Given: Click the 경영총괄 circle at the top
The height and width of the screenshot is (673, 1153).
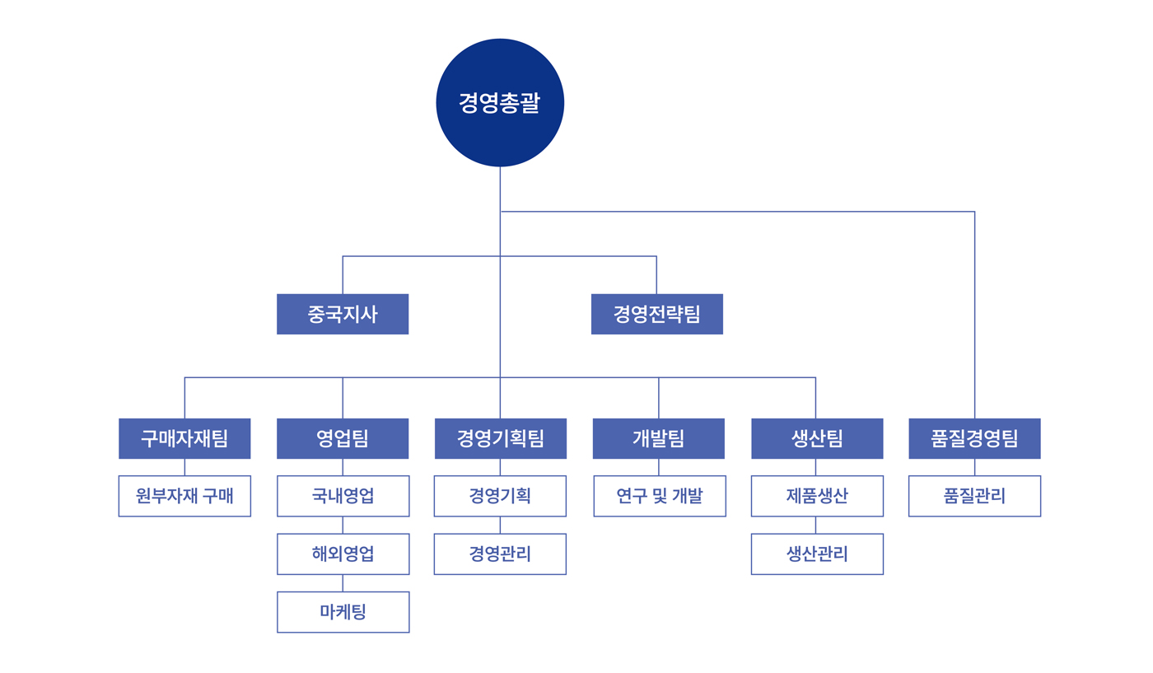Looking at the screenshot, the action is tap(500, 102).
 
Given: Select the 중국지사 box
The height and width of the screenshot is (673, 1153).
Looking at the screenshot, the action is tap(343, 314).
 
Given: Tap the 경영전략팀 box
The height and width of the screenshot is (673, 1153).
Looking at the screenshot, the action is tap(657, 314).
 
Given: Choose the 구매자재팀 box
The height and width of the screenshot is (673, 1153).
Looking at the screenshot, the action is tap(184, 439).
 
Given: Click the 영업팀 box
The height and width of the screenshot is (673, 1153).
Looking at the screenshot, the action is tap(343, 439).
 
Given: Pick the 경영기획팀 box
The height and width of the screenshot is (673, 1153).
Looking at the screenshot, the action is tap(501, 439).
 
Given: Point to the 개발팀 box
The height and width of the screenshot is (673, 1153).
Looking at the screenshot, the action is tap(659, 439).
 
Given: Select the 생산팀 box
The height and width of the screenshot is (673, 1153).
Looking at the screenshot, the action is tap(817, 439).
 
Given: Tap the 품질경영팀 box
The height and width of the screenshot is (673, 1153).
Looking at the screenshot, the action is tap(974, 439).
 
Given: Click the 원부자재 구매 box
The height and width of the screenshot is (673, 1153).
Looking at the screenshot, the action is tap(184, 496).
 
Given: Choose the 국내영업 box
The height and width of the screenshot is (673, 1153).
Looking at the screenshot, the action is tap(343, 496).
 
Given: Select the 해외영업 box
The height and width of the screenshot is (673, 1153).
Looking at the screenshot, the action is tap(343, 554).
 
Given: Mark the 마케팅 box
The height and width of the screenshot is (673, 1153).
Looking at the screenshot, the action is tap(343, 612).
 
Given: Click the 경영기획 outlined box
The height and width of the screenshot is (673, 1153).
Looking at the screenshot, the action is tap(501, 496).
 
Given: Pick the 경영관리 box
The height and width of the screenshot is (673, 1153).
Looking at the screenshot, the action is tap(501, 554).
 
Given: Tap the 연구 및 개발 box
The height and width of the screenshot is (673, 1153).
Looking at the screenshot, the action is tap(660, 496).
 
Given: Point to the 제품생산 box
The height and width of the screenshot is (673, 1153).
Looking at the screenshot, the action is tap(817, 496).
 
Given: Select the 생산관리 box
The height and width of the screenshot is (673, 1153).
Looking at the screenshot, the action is tap(817, 554).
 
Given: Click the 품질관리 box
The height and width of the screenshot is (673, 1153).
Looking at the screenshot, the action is tap(975, 496).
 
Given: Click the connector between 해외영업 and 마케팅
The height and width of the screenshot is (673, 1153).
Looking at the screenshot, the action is tap(343, 583).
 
